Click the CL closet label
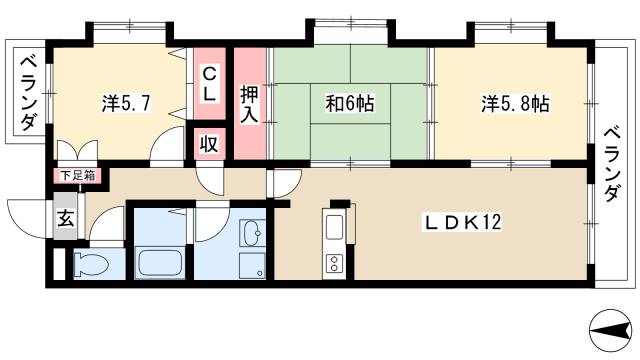pyautogui.click(x=210, y=83)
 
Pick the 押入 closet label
pyautogui.click(x=250, y=104)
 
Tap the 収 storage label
pyautogui.click(x=211, y=143)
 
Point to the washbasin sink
pyautogui.click(x=253, y=236)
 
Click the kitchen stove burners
pyautogui.click(x=332, y=265)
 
